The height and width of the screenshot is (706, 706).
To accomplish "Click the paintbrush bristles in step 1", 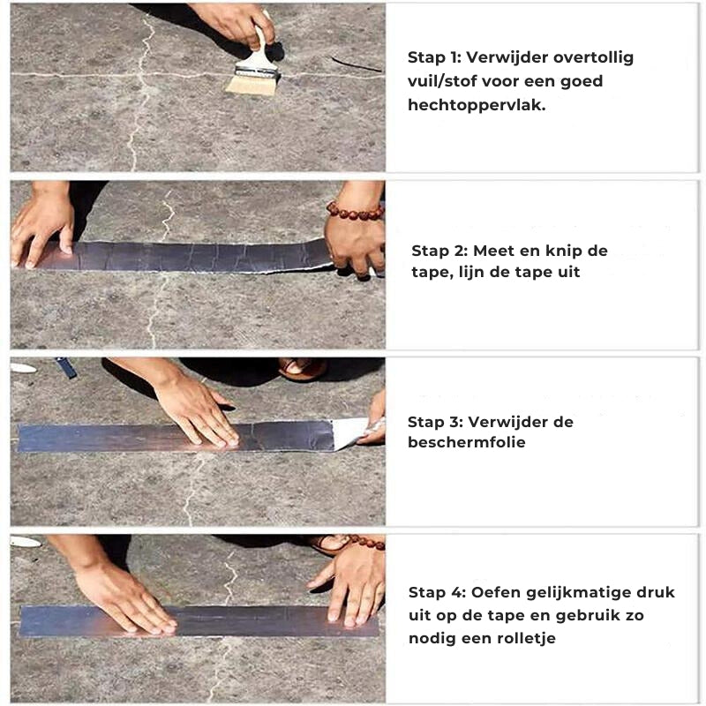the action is coord(252,85).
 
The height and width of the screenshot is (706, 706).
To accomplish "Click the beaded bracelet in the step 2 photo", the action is coord(355,211).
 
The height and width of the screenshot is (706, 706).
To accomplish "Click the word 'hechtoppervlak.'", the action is coord(477,105).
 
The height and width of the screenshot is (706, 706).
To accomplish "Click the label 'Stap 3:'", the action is coord(435,423).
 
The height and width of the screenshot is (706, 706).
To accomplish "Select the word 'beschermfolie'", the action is coord(467,442).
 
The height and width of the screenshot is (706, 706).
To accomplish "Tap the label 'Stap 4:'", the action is coord(437,592).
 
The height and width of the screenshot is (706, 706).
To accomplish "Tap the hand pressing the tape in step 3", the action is coord(198,412).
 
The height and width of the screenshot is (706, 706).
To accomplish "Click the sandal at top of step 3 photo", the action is coord(302,369).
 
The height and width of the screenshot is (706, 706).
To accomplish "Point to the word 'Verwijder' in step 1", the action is coord(507,58).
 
